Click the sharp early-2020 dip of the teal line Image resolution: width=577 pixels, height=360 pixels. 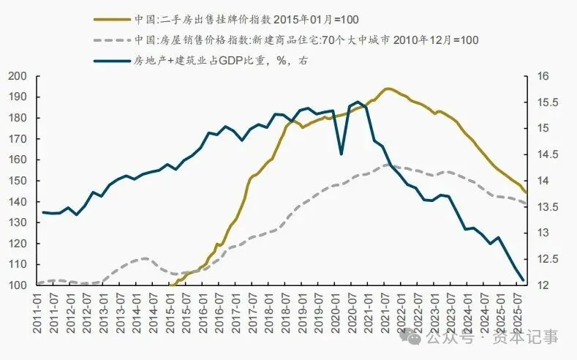click(x=341, y=154)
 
